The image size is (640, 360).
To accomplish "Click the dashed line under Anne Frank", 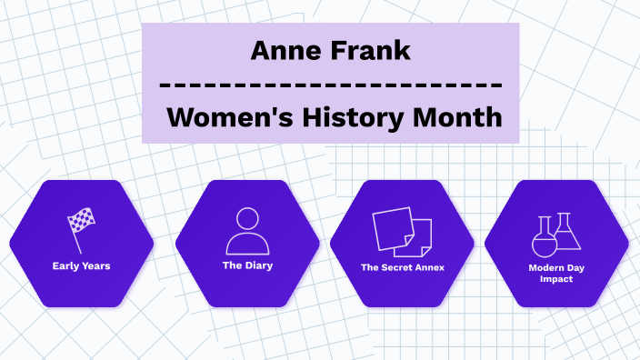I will (x=330, y=85).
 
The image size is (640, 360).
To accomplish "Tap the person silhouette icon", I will (x=248, y=230).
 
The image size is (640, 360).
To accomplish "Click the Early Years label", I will (x=81, y=266).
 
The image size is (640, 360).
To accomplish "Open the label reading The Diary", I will (x=247, y=265).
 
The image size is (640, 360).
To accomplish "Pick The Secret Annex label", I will (x=402, y=267).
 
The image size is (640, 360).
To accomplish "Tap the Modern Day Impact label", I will (x=556, y=273).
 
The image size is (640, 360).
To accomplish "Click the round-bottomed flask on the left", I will (x=543, y=238).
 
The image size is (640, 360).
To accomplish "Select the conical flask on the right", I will (x=566, y=233).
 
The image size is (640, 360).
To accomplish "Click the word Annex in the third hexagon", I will (x=429, y=267).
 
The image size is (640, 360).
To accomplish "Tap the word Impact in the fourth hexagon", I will (x=556, y=278).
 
